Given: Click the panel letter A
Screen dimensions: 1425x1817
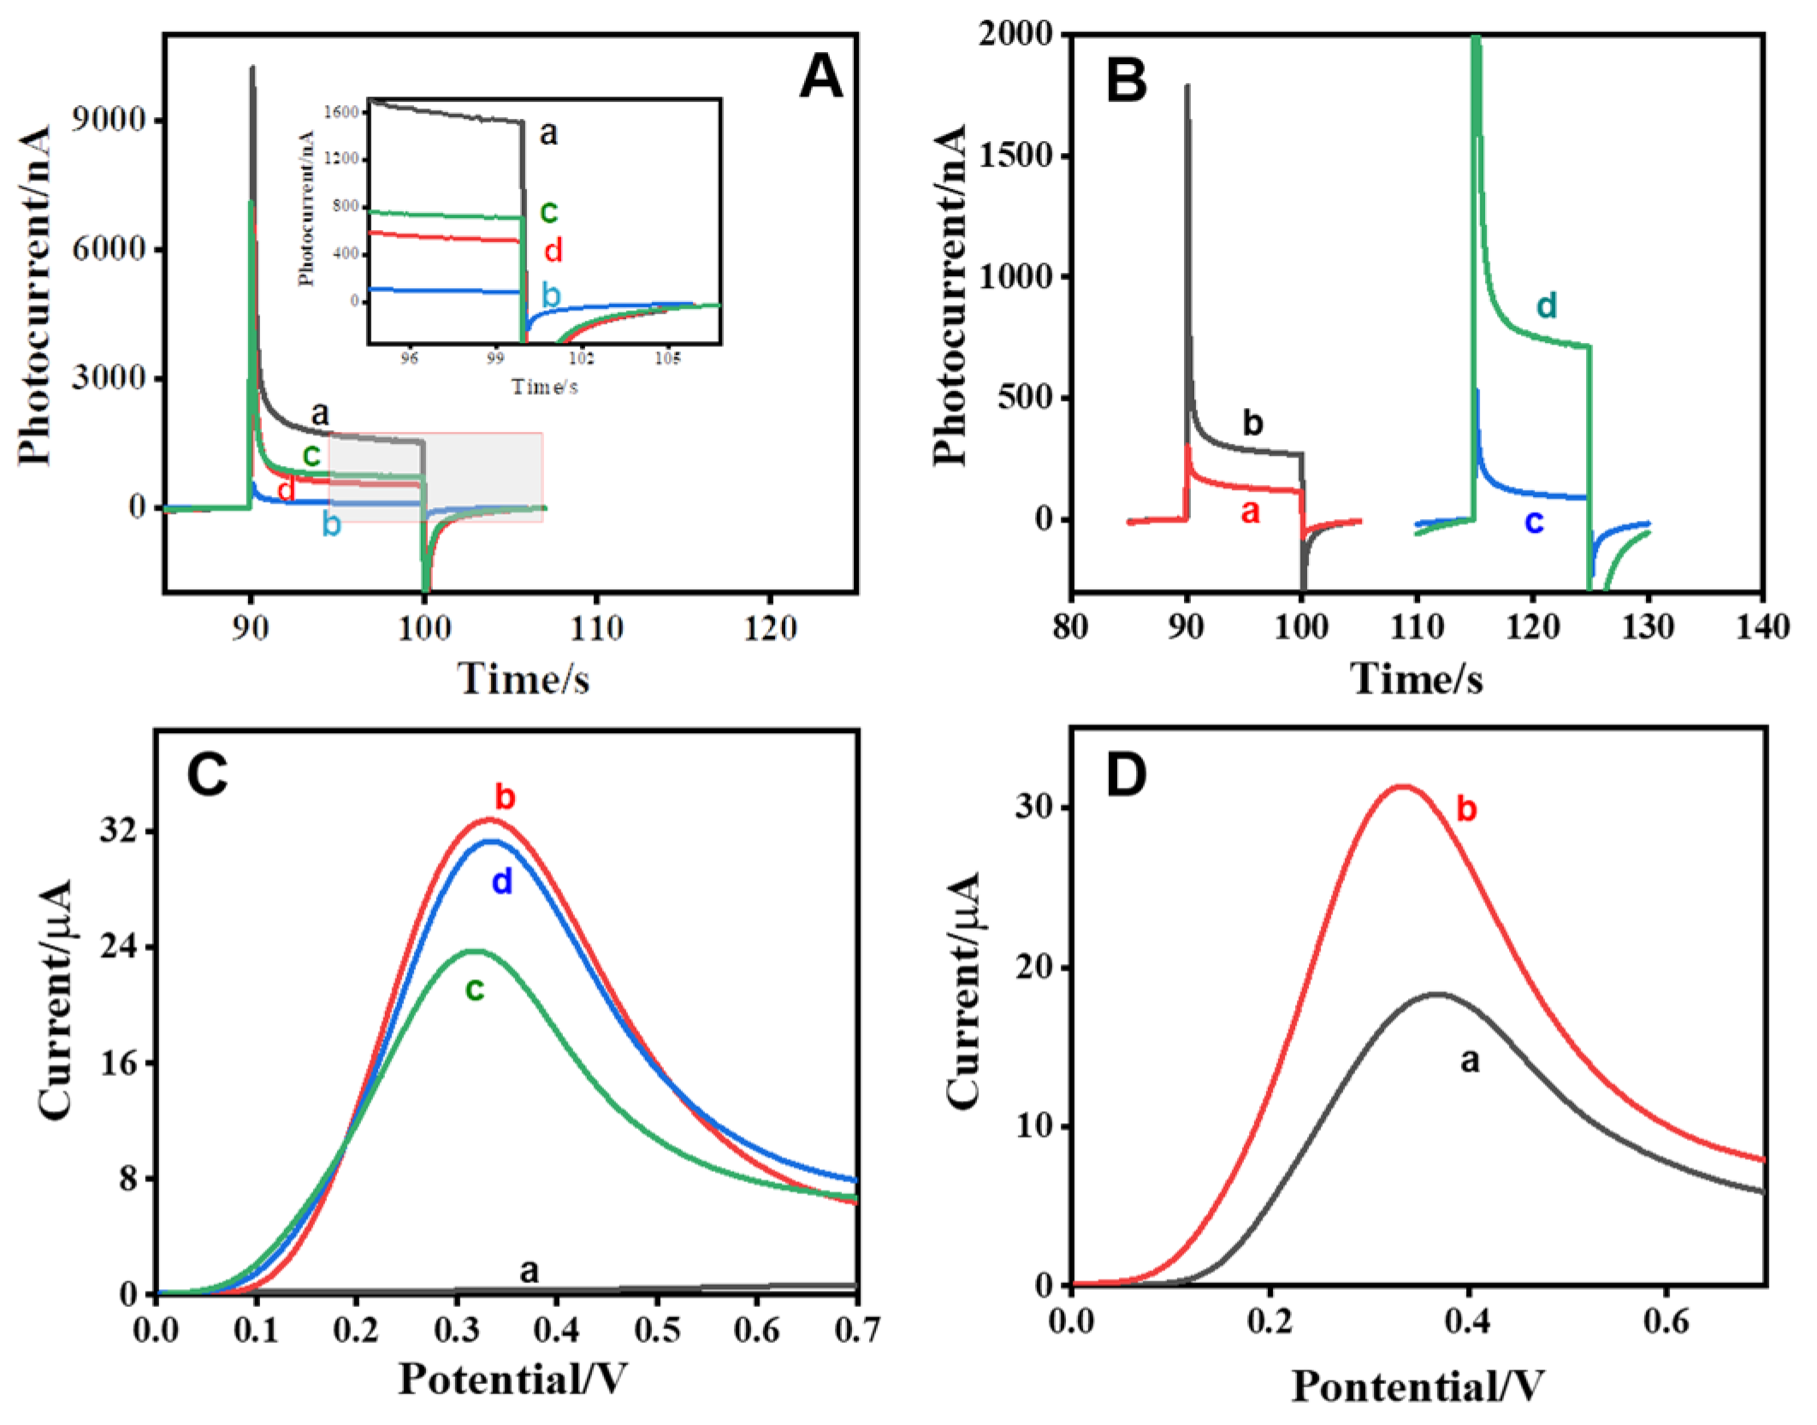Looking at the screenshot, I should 820,78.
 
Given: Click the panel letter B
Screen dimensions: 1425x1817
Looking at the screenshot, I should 1126,81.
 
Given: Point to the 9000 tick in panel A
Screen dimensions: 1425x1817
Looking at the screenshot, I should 109,120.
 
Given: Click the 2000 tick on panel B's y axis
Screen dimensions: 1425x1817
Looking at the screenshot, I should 1015,34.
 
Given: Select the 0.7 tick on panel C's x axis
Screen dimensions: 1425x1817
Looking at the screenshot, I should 855,1331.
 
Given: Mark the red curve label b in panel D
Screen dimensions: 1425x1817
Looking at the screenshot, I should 1466,809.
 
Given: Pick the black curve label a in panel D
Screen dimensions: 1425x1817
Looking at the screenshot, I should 1469,1061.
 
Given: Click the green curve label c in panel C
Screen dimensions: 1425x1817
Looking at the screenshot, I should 475,990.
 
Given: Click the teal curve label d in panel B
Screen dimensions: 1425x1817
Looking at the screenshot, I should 1546,305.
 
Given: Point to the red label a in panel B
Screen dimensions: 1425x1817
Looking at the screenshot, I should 1250,511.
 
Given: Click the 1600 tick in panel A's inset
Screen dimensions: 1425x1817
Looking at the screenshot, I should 340,112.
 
